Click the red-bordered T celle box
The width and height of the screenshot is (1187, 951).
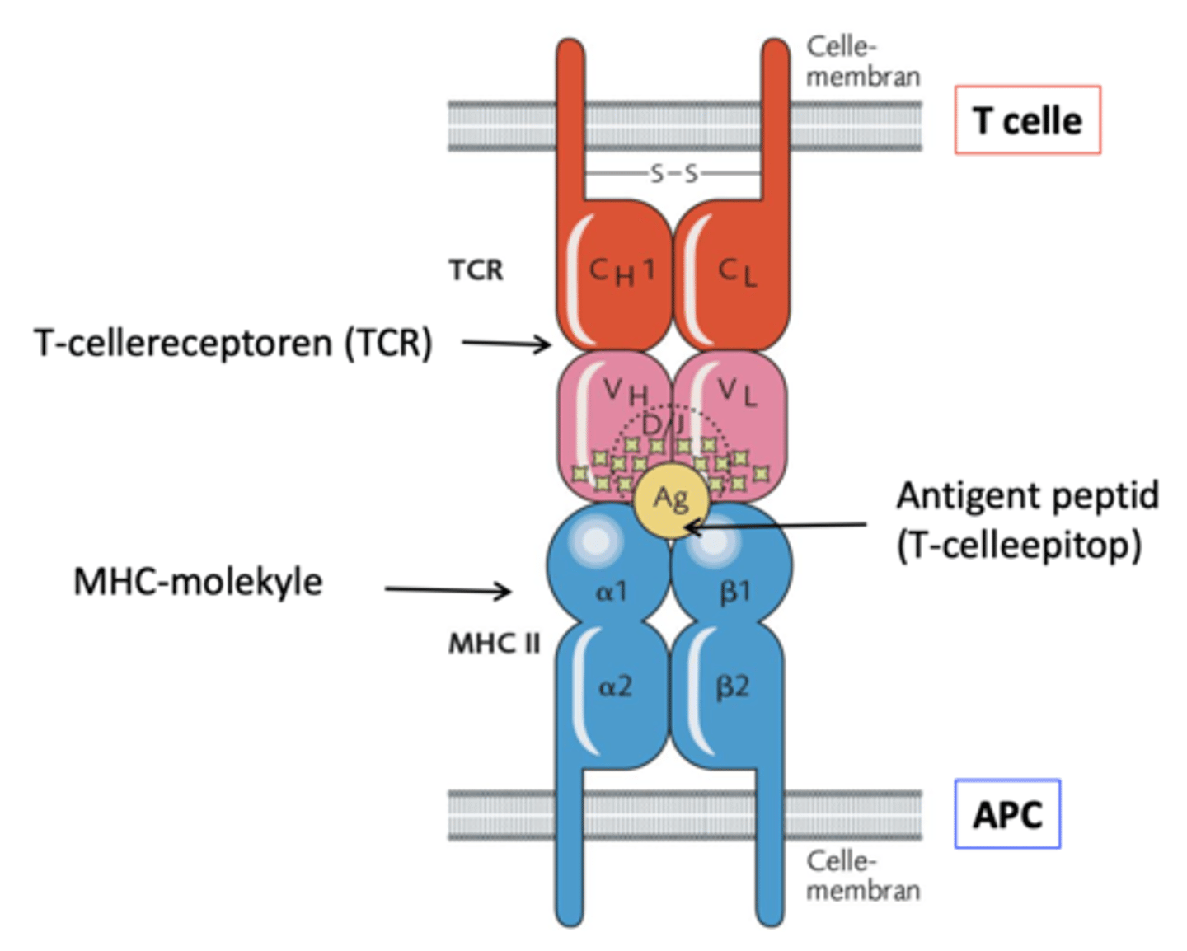[1027, 120]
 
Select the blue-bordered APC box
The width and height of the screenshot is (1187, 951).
[1007, 814]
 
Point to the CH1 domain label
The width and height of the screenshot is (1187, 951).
[622, 270]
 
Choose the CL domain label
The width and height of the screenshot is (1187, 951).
[736, 271]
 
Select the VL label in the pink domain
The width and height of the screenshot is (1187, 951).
[736, 391]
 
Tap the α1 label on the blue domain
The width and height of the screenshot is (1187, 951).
[611, 590]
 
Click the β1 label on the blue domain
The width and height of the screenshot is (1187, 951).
[734, 591]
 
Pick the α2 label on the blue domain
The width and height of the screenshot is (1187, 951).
[615, 686]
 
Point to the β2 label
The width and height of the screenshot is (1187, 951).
[732, 686]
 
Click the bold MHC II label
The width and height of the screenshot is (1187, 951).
[494, 644]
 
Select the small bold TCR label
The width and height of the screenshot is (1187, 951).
[476, 270]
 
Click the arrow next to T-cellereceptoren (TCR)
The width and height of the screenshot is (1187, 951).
[505, 343]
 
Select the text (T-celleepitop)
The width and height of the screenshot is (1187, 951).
[1019, 545]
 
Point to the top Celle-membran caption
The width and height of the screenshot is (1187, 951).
[861, 62]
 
